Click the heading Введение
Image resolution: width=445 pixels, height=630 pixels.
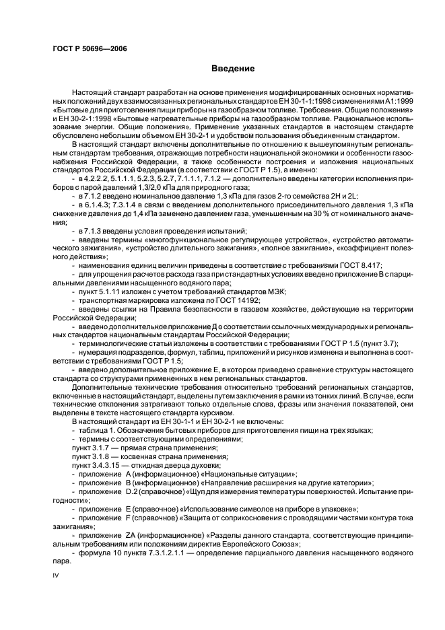232,69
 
